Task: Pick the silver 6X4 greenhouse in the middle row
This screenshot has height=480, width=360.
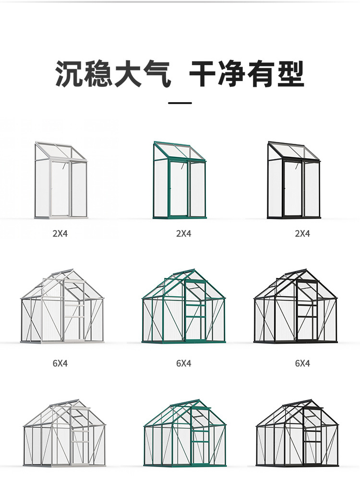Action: coord(62,307)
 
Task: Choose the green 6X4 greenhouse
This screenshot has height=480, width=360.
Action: coord(183,307)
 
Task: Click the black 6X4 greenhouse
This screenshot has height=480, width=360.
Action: coord(295,307)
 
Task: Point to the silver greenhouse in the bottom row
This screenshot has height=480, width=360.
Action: coord(64,434)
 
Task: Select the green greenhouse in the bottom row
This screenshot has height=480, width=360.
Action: coord(184,434)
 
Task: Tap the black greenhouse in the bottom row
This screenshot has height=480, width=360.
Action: coord(297,434)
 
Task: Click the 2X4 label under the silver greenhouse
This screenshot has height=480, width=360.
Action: coord(60,234)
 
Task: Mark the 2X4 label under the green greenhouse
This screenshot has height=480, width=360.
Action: coord(183,234)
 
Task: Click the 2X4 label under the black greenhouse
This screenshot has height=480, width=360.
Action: coord(302,234)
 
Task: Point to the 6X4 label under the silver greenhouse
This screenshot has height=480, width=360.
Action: coord(60,363)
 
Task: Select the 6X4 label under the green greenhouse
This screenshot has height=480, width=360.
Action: coord(183,363)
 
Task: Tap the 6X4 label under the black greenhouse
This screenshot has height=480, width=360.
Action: coord(302,363)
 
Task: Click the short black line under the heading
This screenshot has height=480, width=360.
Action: coord(180,103)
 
